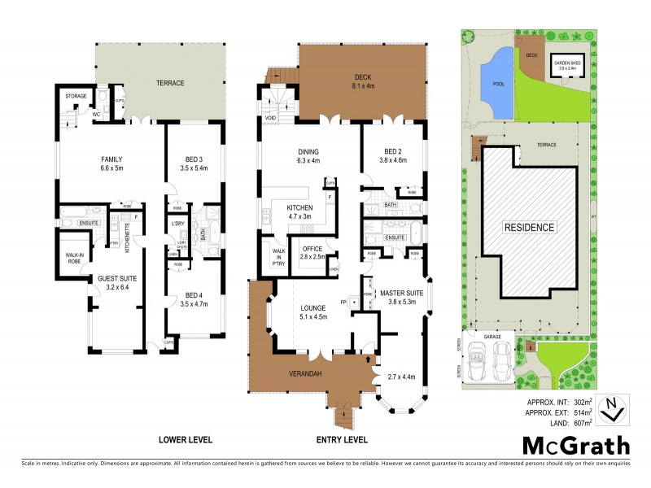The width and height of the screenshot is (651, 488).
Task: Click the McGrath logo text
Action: click(x=575, y=446)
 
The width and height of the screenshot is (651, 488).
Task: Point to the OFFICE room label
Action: click(x=312, y=253)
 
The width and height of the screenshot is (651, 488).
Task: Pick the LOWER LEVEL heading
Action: click(x=186, y=439)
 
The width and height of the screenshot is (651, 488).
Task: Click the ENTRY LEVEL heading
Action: click(x=342, y=439)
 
